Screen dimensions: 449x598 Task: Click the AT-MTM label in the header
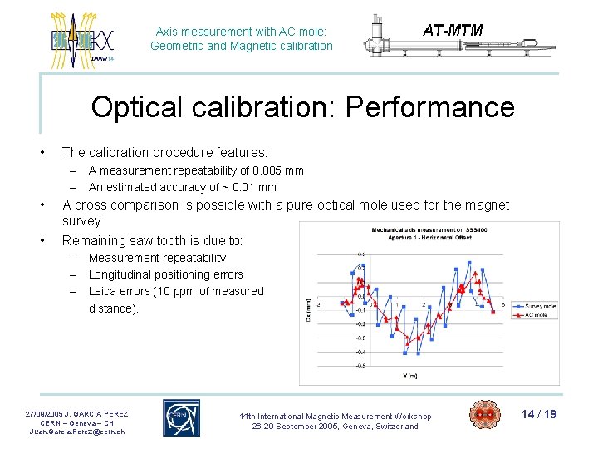[453, 31]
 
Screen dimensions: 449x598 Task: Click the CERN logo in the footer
[181, 417]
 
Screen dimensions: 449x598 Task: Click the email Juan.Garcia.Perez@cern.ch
[76, 432]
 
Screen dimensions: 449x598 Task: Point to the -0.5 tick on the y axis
[360, 366]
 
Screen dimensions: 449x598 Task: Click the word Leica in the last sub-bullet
[103, 291]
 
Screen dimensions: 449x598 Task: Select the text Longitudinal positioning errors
[165, 274]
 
